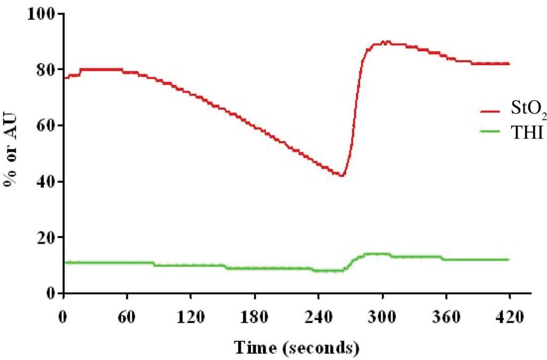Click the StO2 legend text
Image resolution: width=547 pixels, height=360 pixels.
click(x=529, y=111)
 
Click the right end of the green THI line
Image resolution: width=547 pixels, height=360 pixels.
click(x=508, y=260)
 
